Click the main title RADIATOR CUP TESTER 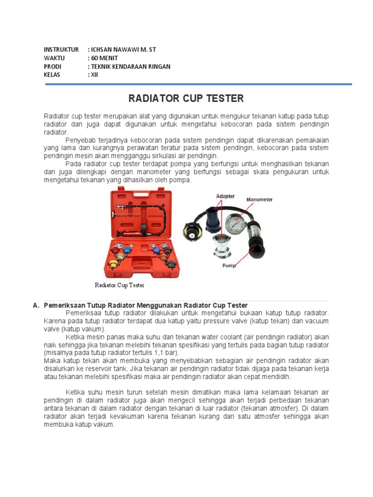(x=186, y=99)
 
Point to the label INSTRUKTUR (x=61, y=50)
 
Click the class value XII (x=94, y=75)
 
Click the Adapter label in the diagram (x=225, y=196)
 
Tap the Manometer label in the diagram (x=260, y=199)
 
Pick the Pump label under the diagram (x=229, y=266)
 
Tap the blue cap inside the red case (x=128, y=251)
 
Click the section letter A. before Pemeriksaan (x=35, y=305)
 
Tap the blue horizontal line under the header (x=198, y=84)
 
